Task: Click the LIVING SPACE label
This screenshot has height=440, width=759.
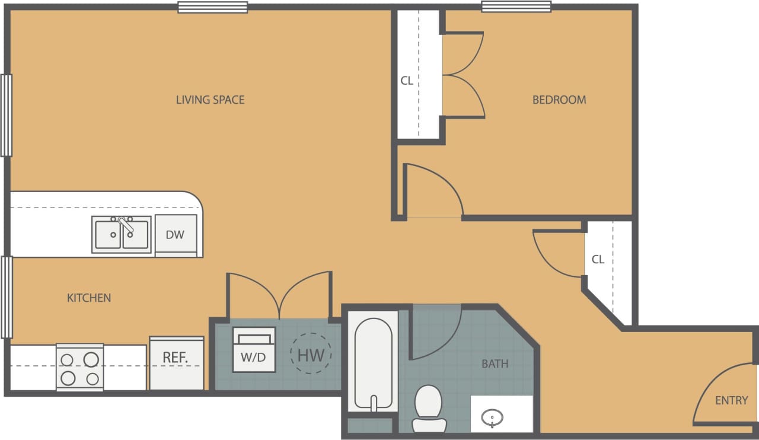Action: [210, 100]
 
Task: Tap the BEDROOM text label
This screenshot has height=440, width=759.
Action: [559, 100]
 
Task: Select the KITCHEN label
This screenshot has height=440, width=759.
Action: [89, 298]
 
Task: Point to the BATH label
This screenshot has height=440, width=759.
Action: [495, 364]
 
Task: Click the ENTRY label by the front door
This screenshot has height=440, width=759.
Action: [731, 400]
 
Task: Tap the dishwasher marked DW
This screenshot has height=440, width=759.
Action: [176, 235]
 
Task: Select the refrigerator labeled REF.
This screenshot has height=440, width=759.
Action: [176, 358]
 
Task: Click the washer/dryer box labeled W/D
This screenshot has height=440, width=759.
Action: [254, 350]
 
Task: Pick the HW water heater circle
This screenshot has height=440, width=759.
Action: [311, 355]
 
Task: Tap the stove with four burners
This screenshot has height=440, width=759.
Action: [80, 368]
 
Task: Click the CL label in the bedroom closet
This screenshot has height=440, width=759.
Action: [407, 81]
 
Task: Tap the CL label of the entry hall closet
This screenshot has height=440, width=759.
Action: [598, 259]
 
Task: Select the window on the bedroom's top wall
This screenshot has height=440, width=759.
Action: [516, 7]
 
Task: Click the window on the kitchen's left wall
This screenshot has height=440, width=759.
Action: [7, 296]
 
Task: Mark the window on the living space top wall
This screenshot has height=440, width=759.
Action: [212, 7]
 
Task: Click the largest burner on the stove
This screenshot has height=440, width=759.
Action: [91, 359]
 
